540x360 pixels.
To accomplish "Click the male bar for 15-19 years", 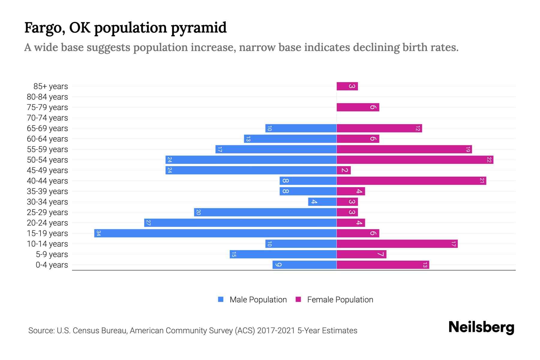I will (215, 233).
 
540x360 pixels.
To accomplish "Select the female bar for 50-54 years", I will (415, 160).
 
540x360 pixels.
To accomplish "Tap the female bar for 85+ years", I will (347, 86).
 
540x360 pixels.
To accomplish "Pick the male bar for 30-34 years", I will (322, 202).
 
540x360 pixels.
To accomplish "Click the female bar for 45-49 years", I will (343, 170).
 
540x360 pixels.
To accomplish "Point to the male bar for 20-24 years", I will (240, 223).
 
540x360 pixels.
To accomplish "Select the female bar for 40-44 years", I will (411, 181).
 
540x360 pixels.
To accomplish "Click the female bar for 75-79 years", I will (358, 107).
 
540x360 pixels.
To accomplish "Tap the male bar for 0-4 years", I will (304, 265).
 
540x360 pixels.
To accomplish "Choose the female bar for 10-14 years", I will (397, 244).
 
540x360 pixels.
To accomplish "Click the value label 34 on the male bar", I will (98, 233).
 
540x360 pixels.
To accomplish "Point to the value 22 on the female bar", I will (489, 160).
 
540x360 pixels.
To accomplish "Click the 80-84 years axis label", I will (47, 97).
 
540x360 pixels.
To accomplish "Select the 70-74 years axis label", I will (47, 118).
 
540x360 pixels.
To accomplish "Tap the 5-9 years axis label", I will (52, 254).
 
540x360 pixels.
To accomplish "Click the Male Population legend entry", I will (258, 299).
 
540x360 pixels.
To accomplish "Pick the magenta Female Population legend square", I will (298, 299).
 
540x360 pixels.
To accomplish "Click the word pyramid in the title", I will (199, 28).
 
